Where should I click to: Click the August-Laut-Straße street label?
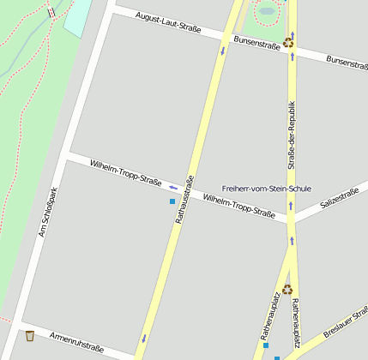(168, 22)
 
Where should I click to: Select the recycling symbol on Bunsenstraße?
(288, 41)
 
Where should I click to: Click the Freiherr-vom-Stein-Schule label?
(266, 189)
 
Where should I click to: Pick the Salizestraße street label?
(339, 200)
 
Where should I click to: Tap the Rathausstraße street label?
(184, 200)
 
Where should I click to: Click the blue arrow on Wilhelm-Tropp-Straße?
(173, 186)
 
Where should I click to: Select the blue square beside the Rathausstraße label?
(172, 201)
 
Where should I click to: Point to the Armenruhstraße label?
(76, 342)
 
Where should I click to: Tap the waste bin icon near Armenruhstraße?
(29, 335)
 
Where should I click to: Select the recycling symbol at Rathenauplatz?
(287, 289)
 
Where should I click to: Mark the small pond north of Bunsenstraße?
(267, 12)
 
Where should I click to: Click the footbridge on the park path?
(51, 12)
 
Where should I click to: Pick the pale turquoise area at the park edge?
(77, 17)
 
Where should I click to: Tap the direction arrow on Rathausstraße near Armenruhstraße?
(143, 337)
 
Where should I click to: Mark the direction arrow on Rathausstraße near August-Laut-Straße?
(223, 51)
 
